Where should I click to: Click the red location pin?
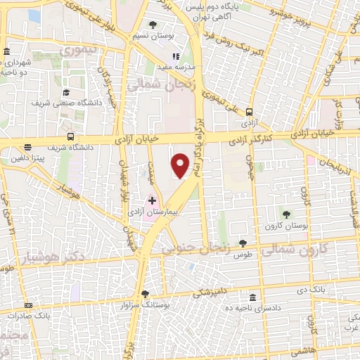(181, 165)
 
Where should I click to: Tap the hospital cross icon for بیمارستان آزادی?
(152, 201)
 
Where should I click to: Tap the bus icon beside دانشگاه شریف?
(70, 136)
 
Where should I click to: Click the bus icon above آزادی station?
(249, 111)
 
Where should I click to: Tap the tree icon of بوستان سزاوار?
(145, 294)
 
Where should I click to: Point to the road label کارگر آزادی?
(250, 141)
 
